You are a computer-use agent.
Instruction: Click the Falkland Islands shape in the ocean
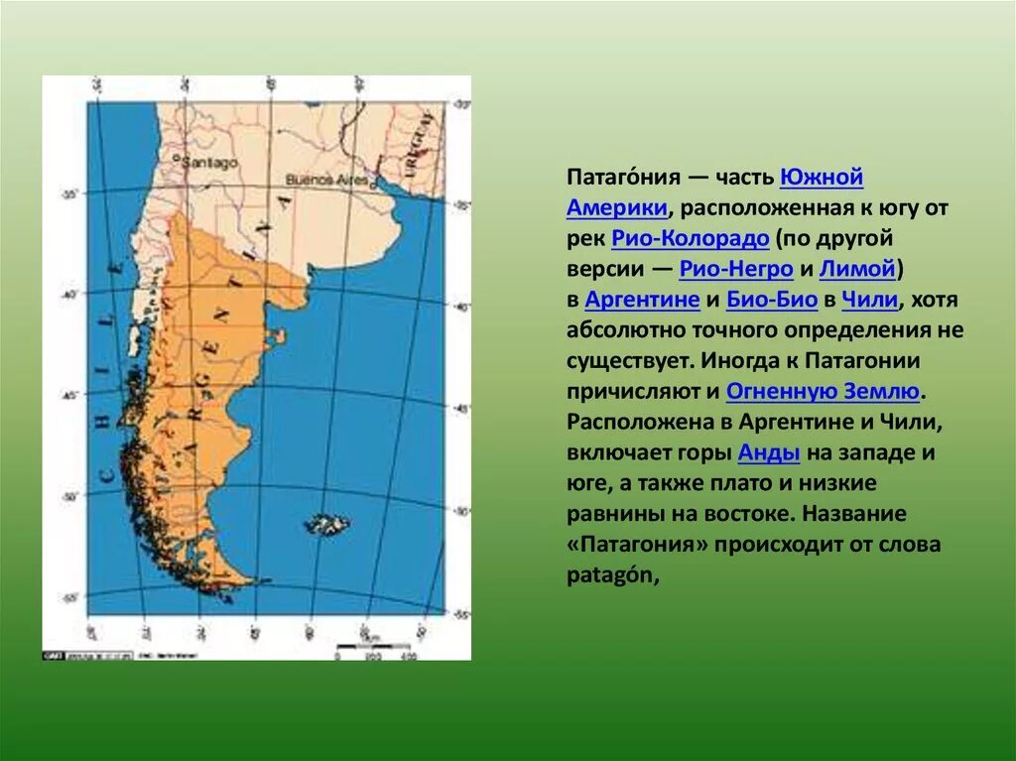click(327, 523)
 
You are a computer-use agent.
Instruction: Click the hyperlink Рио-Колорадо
click(691, 238)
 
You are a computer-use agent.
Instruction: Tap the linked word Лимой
click(858, 269)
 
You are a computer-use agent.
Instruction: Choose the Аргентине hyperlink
click(643, 300)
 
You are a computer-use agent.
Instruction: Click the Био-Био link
click(772, 300)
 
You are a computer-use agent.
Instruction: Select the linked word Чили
click(870, 300)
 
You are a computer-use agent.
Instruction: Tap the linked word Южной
click(822, 177)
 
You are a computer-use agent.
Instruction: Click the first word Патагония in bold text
click(623, 177)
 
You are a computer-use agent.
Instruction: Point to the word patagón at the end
click(612, 575)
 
